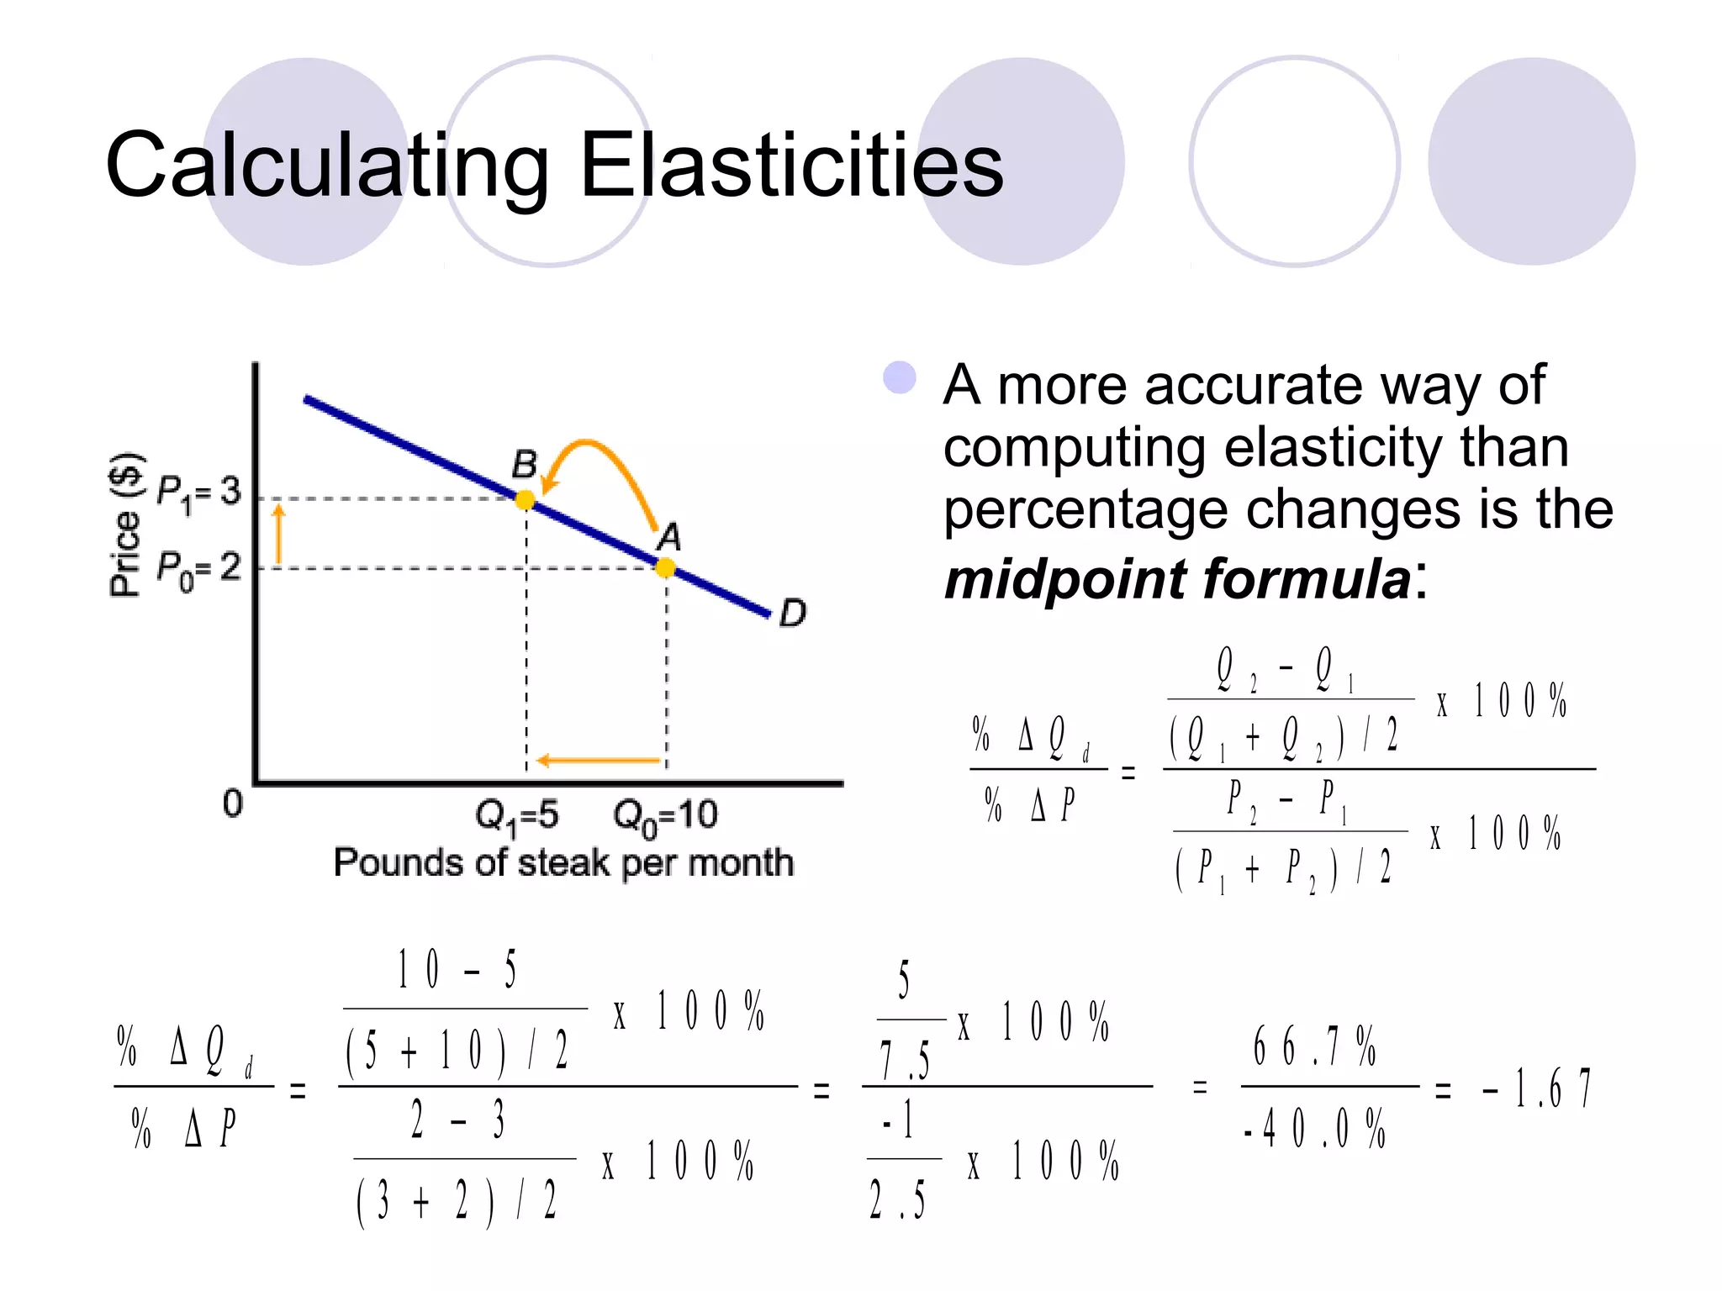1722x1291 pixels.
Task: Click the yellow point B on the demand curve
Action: (525, 500)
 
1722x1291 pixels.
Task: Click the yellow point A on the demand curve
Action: (665, 568)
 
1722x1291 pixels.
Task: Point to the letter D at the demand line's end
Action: (792, 613)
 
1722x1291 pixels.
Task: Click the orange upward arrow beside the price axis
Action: (279, 534)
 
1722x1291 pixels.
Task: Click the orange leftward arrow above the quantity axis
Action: (599, 761)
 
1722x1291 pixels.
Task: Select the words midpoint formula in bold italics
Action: (1177, 579)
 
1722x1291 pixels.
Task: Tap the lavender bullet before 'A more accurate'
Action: (899, 378)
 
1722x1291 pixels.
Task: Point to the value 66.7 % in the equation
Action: (1314, 1046)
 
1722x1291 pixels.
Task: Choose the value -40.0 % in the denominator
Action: (1314, 1129)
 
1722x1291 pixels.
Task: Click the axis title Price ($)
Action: (126, 525)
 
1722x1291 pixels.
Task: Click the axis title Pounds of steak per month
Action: (563, 863)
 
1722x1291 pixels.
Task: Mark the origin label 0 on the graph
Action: (233, 804)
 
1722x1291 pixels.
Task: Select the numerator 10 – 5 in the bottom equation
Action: (457, 970)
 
